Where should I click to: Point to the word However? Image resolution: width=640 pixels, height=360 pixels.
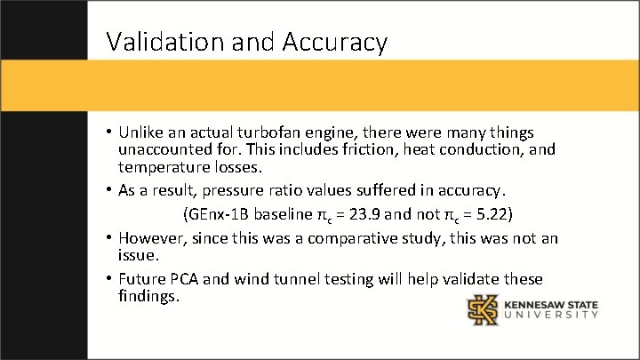click(x=152, y=238)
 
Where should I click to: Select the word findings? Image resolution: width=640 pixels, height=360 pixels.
click(x=148, y=296)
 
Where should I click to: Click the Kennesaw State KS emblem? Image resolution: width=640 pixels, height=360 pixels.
click(x=484, y=309)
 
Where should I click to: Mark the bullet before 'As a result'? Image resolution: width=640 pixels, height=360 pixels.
click(x=108, y=190)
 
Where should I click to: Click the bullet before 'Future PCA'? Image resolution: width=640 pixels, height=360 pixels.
click(x=108, y=279)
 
